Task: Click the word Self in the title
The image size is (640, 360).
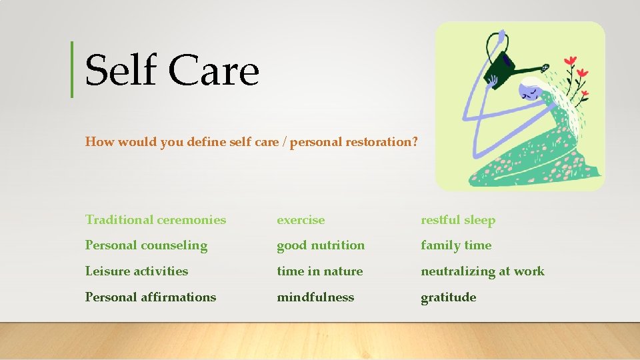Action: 121,71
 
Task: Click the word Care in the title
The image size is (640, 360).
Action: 213,71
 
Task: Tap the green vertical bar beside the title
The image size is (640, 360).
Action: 72,69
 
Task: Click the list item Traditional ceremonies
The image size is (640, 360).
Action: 155,220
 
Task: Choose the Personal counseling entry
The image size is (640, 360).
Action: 146,245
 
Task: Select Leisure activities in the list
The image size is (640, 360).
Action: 137,271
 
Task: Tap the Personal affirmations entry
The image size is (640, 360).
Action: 151,297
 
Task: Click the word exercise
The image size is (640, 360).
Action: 301,220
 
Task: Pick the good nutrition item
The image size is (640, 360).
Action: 321,245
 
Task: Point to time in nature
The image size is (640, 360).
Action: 320,271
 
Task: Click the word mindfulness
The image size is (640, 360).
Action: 315,297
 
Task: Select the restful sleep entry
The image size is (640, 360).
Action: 458,220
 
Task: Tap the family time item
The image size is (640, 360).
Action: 456,245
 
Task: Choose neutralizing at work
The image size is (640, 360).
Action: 483,271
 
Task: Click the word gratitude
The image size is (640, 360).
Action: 448,297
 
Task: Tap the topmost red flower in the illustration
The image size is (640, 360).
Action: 570,61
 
